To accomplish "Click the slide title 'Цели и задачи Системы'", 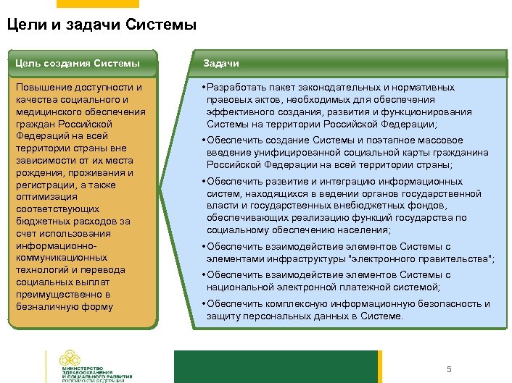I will point(102,26).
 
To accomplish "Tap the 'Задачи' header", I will point(221,64).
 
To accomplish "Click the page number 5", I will point(449,370).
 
